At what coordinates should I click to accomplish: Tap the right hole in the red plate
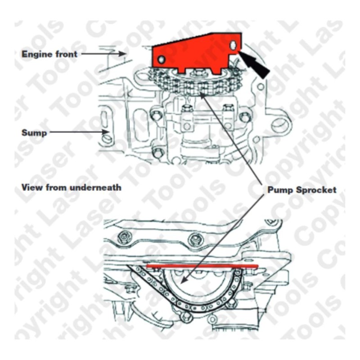[x=233, y=45]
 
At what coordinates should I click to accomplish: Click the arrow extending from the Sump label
[x=76, y=133]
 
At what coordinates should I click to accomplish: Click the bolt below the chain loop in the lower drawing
[x=184, y=317]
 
